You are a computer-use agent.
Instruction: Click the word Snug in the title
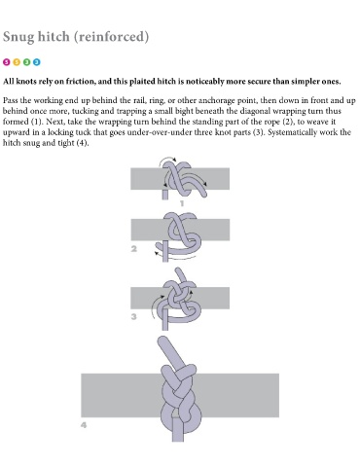[18, 37]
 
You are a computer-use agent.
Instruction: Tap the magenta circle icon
[7, 61]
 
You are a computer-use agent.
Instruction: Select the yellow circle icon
[17, 61]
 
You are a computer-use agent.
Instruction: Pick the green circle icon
[26, 61]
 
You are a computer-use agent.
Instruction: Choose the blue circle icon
[37, 61]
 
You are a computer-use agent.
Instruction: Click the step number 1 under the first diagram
[182, 203]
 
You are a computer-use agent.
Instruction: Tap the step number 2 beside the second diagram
[134, 249]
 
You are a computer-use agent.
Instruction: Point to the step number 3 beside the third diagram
[133, 316]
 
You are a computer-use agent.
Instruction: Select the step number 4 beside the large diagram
[84, 424]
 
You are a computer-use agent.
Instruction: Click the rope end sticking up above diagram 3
[180, 275]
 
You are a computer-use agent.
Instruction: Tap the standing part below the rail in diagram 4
[177, 429]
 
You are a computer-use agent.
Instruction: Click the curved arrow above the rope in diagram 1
[166, 159]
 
